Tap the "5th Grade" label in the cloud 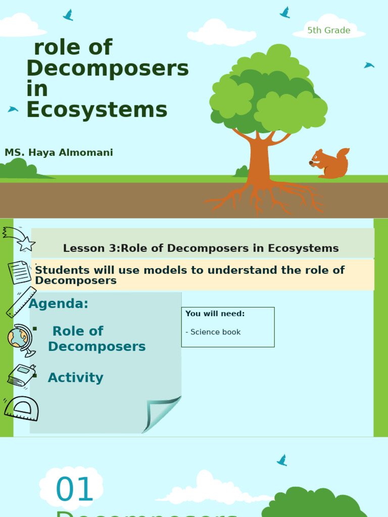[x=328, y=30]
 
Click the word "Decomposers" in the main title [x=108, y=68]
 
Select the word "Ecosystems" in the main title [x=97, y=110]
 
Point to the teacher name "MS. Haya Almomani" [x=59, y=152]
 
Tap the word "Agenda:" [x=59, y=304]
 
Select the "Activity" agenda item [x=75, y=378]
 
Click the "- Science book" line [x=213, y=332]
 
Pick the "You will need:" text [x=215, y=314]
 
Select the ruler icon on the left [x=21, y=302]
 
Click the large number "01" [x=75, y=490]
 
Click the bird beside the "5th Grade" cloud [x=285, y=13]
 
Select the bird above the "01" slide [x=282, y=460]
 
